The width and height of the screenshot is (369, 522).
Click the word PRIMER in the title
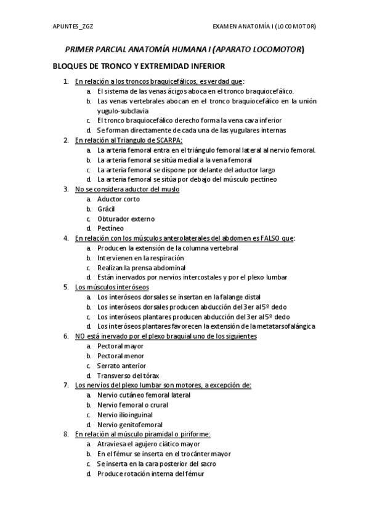[x=80, y=50]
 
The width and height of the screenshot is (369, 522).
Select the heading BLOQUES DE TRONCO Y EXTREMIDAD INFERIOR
[x=139, y=66]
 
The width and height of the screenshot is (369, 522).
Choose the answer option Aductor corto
[x=118, y=199]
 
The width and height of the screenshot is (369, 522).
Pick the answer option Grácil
[x=106, y=209]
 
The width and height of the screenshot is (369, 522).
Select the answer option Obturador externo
[x=126, y=219]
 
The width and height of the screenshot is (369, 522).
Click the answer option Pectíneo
[x=110, y=228]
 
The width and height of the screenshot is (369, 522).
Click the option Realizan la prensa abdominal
[x=141, y=268]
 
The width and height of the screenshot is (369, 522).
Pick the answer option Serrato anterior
[x=122, y=366]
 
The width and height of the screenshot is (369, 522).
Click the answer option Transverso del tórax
[x=128, y=375]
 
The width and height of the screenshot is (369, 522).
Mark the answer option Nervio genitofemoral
[x=130, y=425]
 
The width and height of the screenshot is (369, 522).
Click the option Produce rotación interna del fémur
[x=150, y=473]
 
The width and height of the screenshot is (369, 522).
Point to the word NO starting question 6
[x=80, y=336]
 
